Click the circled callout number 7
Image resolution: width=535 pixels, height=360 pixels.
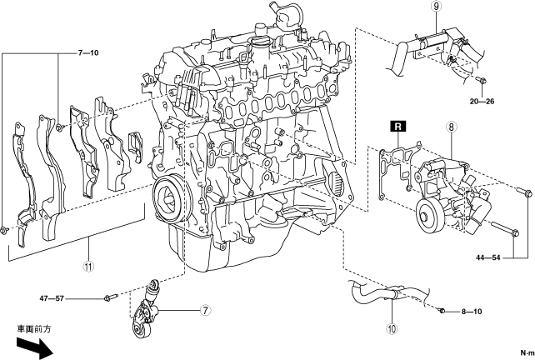pyautogui.click(x=205, y=311)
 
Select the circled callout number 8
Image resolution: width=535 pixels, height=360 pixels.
pyautogui.click(x=451, y=127)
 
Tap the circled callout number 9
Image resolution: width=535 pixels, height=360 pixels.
pyautogui.click(x=437, y=7)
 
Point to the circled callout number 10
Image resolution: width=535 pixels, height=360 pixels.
pyautogui.click(x=392, y=328)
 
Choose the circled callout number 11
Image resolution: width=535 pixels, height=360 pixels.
pyautogui.click(x=88, y=267)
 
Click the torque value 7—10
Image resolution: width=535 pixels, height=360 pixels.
pyautogui.click(x=88, y=52)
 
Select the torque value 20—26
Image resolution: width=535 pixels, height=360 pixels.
pyautogui.click(x=482, y=102)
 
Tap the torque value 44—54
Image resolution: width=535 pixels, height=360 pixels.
pyautogui.click(x=487, y=257)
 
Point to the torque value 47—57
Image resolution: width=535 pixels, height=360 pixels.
pyautogui.click(x=52, y=298)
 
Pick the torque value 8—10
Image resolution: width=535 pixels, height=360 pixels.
pyautogui.click(x=472, y=312)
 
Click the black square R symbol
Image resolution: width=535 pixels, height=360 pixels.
pyautogui.click(x=398, y=127)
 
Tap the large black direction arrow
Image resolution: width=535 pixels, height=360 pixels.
pyautogui.click(x=34, y=347)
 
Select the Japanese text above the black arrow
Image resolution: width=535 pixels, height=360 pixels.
pyautogui.click(x=34, y=329)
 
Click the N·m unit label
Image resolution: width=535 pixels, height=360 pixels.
pyautogui.click(x=527, y=352)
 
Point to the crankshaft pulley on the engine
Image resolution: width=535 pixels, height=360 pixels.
pyautogui.click(x=169, y=198)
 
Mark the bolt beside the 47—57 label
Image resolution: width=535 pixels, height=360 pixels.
pyautogui.click(x=111, y=297)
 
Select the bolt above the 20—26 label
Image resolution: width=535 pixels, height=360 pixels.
pyautogui.click(x=482, y=80)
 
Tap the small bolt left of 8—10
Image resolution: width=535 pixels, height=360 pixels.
pyautogui.click(x=442, y=311)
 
